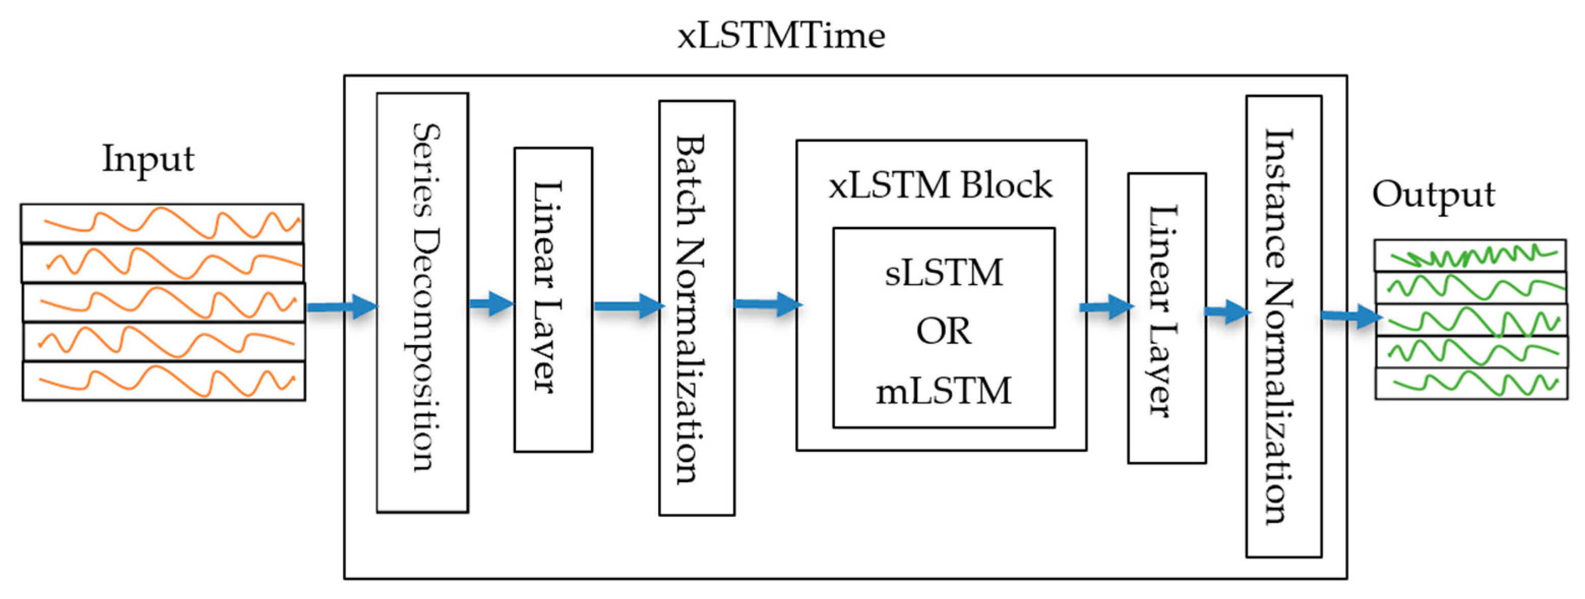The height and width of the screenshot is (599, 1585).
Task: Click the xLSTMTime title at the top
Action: tap(781, 36)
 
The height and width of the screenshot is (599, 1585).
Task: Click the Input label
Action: tap(148, 159)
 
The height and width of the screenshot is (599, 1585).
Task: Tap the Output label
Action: tap(1433, 195)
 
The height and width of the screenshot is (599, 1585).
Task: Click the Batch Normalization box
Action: tap(697, 307)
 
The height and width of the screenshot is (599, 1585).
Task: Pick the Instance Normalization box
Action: tap(1284, 326)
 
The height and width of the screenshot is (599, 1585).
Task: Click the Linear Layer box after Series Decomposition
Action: tap(553, 300)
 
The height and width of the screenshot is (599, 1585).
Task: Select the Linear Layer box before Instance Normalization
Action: tap(1167, 318)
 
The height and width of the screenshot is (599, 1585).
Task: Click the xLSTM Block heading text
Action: tap(940, 185)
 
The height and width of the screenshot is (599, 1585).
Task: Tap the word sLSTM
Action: tap(943, 272)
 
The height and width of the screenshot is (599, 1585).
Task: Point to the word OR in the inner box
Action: tap(943, 331)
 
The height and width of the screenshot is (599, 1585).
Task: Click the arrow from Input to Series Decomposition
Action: tap(342, 306)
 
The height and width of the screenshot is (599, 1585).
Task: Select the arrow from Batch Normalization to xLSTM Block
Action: tap(767, 304)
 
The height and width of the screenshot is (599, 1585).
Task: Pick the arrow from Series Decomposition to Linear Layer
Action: tap(491, 303)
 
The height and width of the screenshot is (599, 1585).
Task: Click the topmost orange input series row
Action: tap(162, 223)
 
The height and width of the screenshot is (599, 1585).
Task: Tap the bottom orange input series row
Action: tap(164, 381)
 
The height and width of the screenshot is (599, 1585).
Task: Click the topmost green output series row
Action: tap(1471, 255)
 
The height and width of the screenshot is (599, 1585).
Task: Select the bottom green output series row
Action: tap(1471, 384)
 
